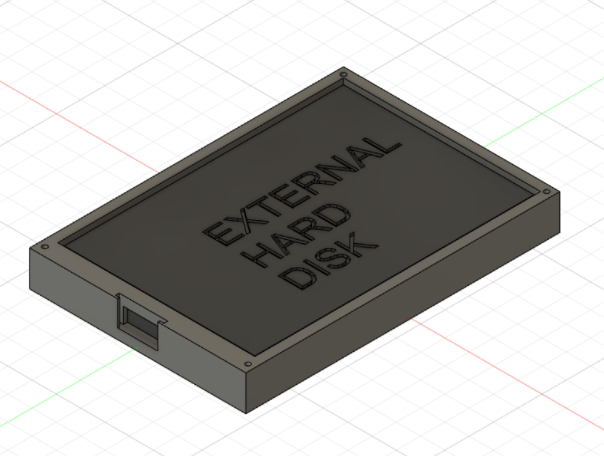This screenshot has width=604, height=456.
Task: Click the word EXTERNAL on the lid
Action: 301,190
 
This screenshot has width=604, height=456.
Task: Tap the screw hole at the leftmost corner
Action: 44,247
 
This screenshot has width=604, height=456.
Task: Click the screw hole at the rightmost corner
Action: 546,192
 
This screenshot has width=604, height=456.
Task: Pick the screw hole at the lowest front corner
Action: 247,364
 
